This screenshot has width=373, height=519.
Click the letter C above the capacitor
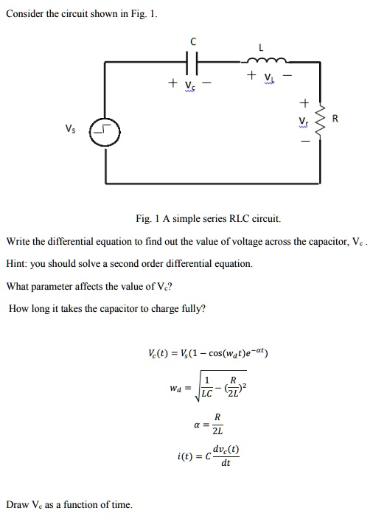(193, 43)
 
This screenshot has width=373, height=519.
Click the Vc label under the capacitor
(190, 84)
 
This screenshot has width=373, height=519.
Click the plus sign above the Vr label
(302, 102)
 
